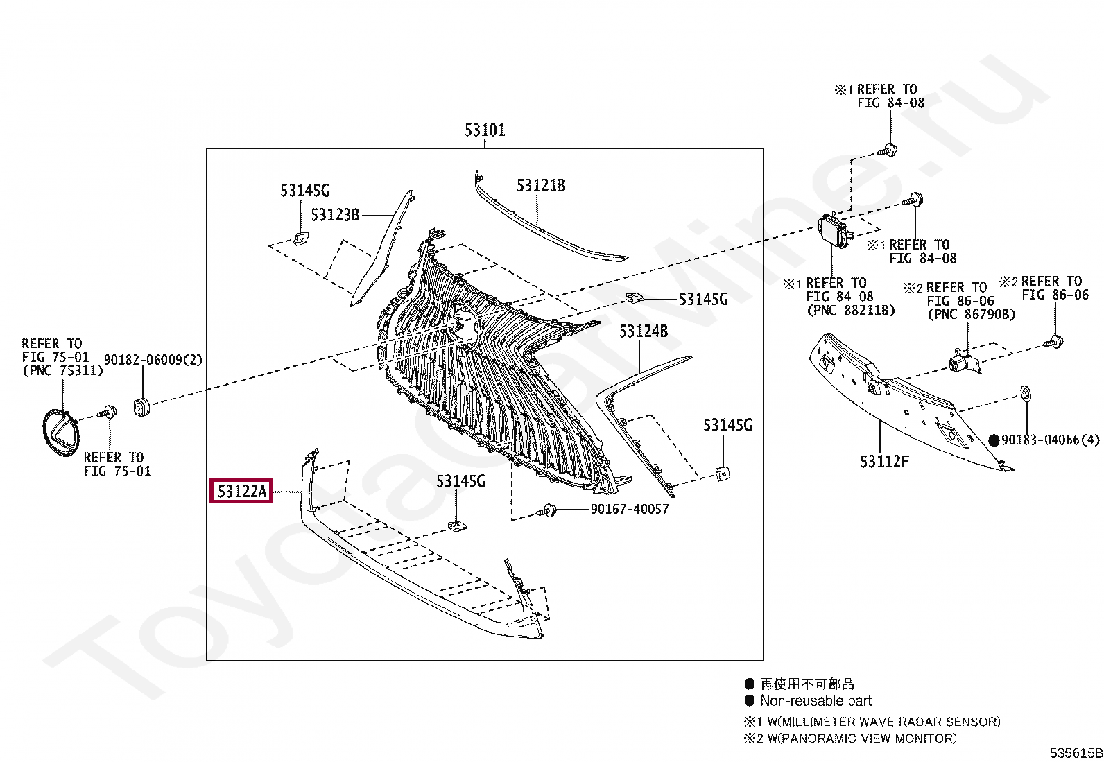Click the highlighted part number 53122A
(241, 492)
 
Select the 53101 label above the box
(484, 130)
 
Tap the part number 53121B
(540, 185)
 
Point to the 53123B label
(335, 215)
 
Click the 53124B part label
(643, 331)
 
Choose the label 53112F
(883, 461)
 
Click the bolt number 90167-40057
(629, 509)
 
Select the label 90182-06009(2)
(153, 360)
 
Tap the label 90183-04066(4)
(1051, 440)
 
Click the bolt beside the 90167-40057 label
(549, 510)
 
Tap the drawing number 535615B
(1075, 753)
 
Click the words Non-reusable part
(815, 701)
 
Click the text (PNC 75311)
(62, 370)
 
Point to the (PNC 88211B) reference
(850, 310)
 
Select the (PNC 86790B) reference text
(971, 314)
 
